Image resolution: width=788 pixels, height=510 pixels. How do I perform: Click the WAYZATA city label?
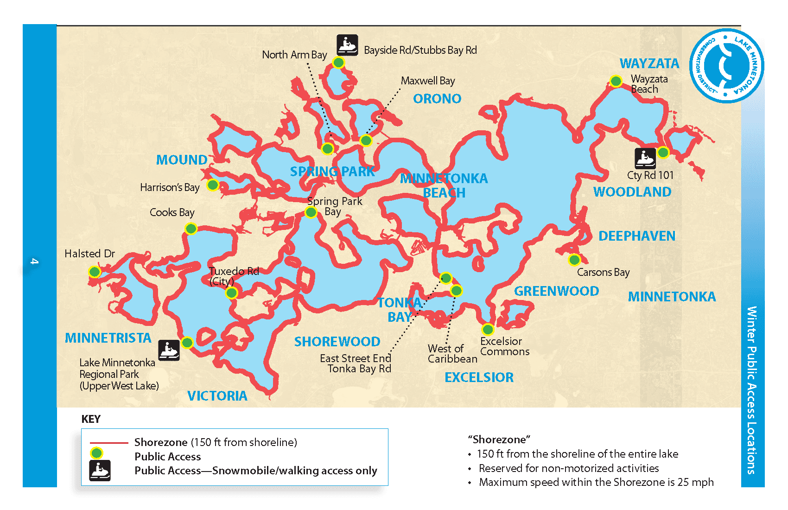point(649,64)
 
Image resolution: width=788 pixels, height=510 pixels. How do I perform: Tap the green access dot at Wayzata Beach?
point(616,81)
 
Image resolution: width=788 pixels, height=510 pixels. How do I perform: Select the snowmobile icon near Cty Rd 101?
point(645,159)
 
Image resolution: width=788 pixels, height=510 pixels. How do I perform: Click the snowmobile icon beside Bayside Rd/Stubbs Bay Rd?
point(347,45)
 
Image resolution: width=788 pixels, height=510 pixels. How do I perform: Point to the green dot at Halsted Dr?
point(95,272)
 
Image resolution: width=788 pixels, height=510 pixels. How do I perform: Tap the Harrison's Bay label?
point(170,187)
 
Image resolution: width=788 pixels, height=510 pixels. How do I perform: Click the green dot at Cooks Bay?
point(191,229)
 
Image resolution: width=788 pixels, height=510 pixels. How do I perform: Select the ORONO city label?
point(437,99)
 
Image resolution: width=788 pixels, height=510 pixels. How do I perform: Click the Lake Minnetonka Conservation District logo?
point(726,66)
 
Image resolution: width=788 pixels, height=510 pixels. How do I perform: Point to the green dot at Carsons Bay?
point(574,260)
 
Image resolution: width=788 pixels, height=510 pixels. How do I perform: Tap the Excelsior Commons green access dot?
point(488,330)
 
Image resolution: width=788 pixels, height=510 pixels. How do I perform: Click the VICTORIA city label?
point(217,396)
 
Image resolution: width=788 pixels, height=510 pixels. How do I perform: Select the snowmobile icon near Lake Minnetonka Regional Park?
point(169,350)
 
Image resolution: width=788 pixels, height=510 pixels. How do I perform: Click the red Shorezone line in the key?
point(109,443)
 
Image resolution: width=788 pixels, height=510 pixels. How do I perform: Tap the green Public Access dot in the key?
point(96,453)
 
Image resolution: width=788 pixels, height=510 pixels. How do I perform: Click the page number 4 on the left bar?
point(34,261)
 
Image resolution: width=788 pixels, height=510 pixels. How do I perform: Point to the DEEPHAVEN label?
point(636,236)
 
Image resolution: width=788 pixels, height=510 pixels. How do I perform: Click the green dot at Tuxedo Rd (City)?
point(231,293)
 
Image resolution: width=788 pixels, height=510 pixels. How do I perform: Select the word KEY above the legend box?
point(91,419)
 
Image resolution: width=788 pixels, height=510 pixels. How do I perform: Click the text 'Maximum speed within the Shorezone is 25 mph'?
point(596,482)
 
